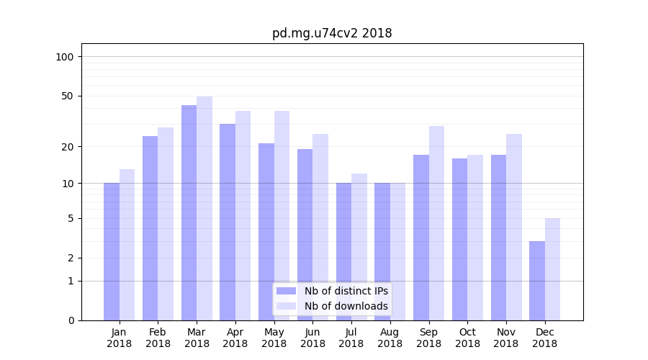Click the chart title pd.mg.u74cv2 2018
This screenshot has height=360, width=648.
332,33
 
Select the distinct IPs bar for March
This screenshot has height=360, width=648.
189,212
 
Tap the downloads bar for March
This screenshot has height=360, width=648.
204,208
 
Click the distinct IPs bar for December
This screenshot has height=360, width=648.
537,281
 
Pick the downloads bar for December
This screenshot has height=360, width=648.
553,269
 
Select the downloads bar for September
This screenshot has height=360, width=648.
436,223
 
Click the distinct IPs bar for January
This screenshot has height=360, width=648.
112,251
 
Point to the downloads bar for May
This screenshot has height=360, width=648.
282,215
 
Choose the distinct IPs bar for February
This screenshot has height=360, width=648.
150,228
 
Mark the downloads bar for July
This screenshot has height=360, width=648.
359,247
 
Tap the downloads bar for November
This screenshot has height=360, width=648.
514,227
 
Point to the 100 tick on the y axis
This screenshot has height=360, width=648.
65,57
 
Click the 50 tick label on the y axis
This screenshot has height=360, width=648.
68,96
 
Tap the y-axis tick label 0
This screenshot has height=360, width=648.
71,320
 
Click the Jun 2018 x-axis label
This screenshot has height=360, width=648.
312,338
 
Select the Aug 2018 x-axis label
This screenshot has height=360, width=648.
390,338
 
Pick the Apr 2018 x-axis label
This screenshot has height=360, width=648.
235,338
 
